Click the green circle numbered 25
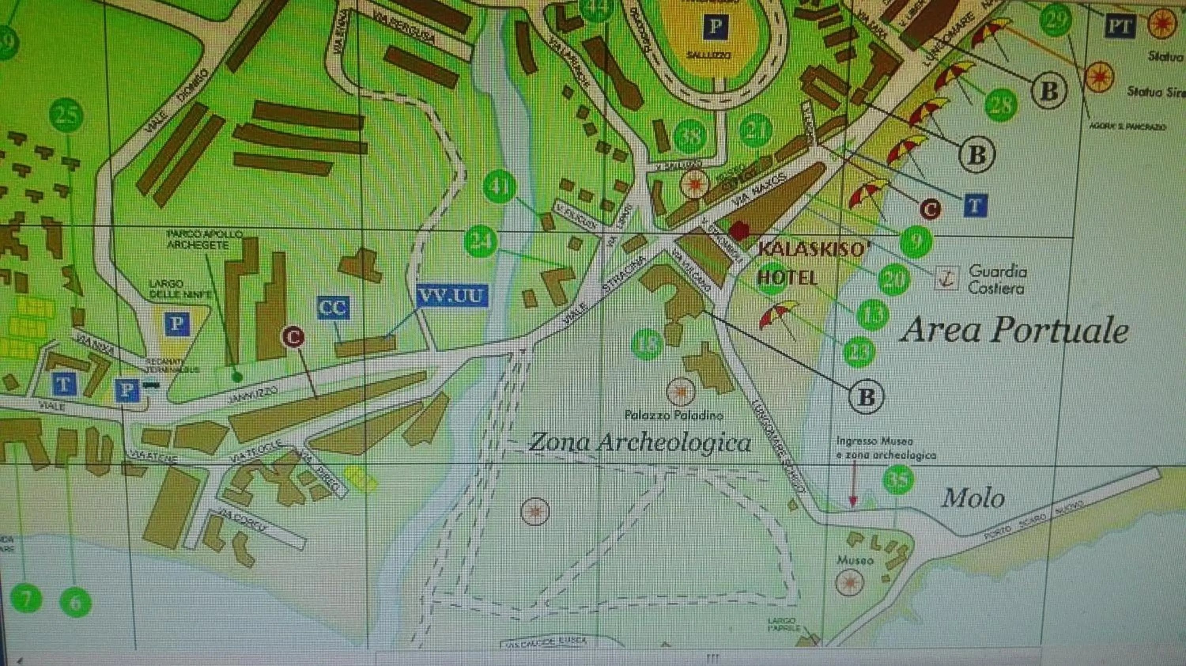click(66, 114)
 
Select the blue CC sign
click(333, 308)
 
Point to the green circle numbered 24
click(481, 241)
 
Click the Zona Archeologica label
click(640, 443)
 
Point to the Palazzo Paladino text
click(674, 415)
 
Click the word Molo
click(973, 498)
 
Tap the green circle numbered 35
click(898, 481)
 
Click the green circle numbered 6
click(75, 602)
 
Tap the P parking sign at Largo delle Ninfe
click(177, 324)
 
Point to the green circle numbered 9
click(916, 240)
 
